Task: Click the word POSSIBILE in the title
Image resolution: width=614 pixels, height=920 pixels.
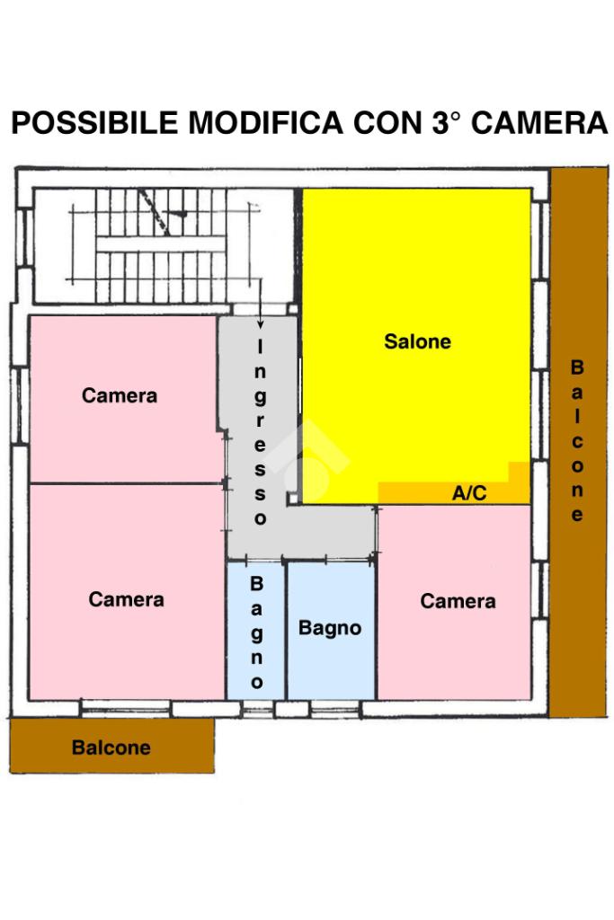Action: [x=95, y=123]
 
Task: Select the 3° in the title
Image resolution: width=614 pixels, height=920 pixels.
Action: [x=440, y=123]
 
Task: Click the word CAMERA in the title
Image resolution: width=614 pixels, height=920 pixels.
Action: [x=539, y=123]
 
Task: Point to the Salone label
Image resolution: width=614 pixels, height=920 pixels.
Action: [x=417, y=342]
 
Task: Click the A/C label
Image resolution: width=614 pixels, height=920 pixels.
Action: [x=469, y=493]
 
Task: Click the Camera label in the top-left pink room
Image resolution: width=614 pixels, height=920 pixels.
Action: [x=120, y=395]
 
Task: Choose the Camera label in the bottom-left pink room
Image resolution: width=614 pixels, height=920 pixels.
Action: [x=126, y=599]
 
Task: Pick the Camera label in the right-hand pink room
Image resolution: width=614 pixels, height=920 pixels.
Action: [x=458, y=601]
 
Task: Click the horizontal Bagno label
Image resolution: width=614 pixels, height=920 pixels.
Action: [x=330, y=628]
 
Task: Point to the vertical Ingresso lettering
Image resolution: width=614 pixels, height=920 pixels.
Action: [x=261, y=432]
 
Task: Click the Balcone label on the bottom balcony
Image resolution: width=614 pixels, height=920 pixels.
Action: [x=111, y=747]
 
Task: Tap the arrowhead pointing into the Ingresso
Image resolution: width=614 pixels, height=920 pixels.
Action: [x=261, y=324]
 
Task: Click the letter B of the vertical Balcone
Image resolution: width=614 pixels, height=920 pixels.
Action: [x=577, y=367]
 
